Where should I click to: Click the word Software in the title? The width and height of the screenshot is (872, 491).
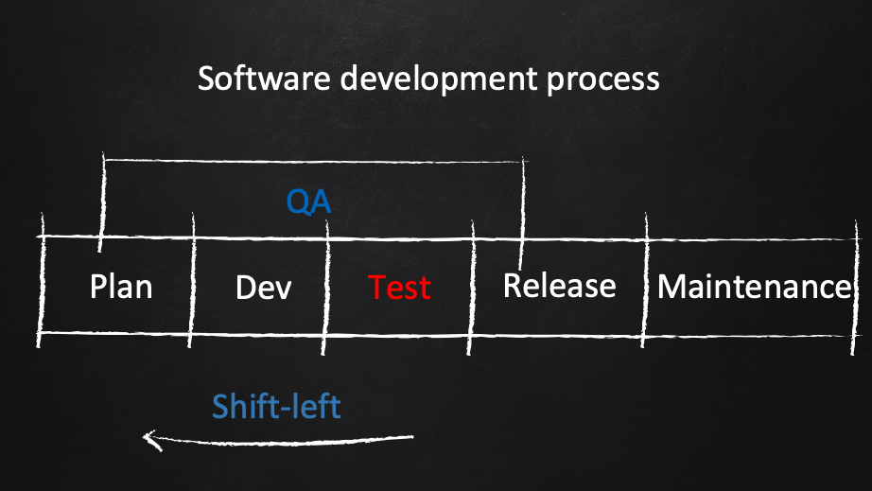[x=264, y=78]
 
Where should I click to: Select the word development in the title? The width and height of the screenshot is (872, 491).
[x=439, y=79]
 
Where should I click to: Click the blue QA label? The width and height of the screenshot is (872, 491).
[x=308, y=202]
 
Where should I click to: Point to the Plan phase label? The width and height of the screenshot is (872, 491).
[x=121, y=287]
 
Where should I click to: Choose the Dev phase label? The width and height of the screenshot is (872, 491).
[x=264, y=288]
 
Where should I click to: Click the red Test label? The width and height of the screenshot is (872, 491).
[x=399, y=288]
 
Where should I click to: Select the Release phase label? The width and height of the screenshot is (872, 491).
[x=560, y=286]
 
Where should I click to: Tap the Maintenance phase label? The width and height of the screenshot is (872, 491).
[x=755, y=287]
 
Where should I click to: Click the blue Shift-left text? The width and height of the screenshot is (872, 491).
[x=276, y=406]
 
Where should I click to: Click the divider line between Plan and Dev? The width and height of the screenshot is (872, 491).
[x=192, y=280]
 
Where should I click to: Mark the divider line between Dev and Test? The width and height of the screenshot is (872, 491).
[x=325, y=288]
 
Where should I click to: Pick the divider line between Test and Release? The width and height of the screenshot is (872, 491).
[x=471, y=288]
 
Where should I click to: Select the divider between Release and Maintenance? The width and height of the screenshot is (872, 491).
[x=645, y=280]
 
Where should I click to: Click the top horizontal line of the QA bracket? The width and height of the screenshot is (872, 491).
[x=314, y=161]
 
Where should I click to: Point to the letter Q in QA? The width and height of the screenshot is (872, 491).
[x=298, y=202]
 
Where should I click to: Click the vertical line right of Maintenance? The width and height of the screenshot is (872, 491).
[x=855, y=288]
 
